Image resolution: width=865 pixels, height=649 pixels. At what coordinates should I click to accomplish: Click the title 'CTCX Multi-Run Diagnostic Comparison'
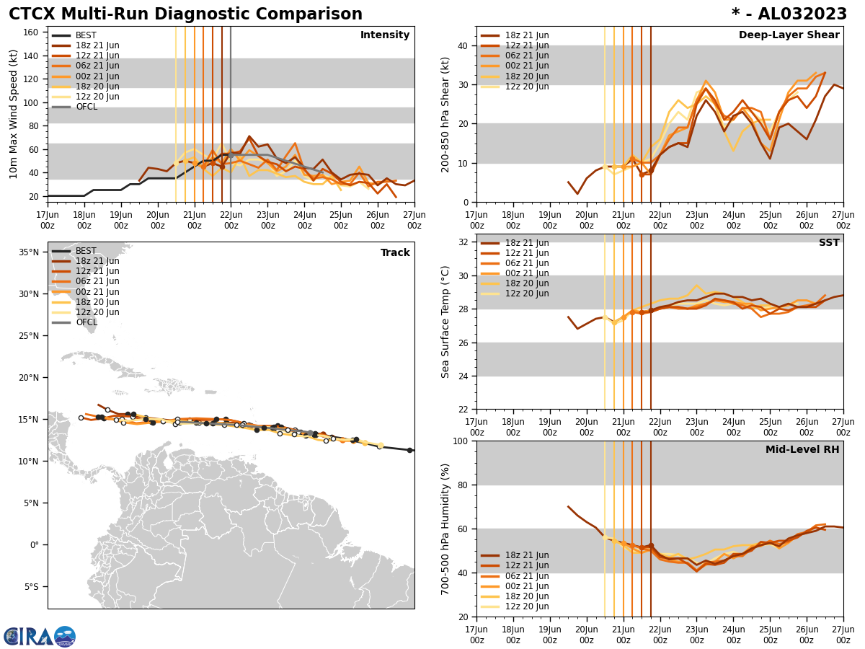tap(185, 14)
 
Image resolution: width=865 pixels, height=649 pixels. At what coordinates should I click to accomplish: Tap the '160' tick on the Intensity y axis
tap(33, 32)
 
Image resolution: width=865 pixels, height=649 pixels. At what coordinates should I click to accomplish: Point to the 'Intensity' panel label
tap(385, 35)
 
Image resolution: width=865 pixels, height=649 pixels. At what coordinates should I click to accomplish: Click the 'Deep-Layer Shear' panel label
tap(789, 35)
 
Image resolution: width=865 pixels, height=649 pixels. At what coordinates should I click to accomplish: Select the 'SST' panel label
tap(828, 243)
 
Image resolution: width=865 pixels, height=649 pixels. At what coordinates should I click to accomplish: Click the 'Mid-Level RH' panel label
tap(802, 450)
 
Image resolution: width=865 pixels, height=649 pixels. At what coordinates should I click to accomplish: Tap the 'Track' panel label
tap(395, 253)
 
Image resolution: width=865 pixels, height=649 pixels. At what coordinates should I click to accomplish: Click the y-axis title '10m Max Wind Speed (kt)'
tap(14, 114)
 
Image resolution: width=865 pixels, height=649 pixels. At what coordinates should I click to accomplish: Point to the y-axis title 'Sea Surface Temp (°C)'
tap(445, 322)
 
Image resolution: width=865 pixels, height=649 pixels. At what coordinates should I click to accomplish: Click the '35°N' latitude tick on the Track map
tap(28, 252)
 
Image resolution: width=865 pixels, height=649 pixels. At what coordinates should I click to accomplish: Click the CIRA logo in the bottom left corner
tap(40, 637)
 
